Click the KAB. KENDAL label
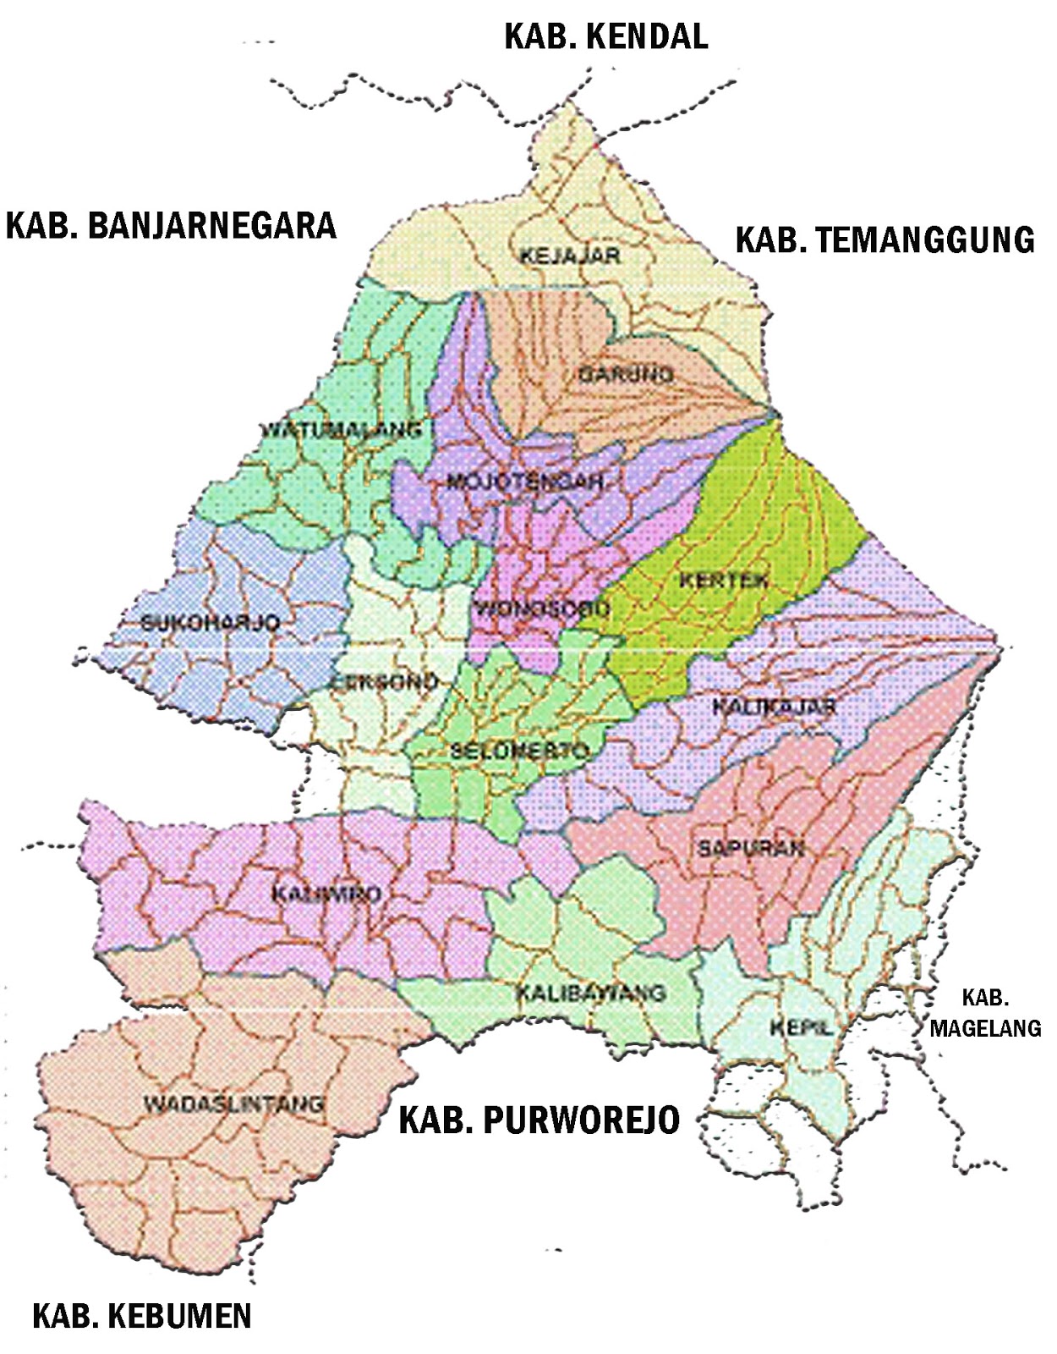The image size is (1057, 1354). [x=605, y=36]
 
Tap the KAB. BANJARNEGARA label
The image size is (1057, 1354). [x=171, y=226]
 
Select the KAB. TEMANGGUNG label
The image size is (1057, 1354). [x=884, y=239]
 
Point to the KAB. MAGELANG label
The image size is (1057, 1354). [x=985, y=1013]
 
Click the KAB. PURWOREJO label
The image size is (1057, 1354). [x=539, y=1120]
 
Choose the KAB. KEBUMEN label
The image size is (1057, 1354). [x=142, y=1316]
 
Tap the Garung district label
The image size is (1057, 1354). [x=626, y=373]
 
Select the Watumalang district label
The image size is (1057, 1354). [x=341, y=429]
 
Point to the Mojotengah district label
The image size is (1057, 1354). [x=524, y=482]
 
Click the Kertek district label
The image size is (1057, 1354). [x=724, y=581]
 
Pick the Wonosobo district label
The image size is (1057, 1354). [x=541, y=608]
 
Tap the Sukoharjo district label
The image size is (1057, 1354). [x=210, y=623]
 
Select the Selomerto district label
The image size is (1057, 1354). [x=518, y=750]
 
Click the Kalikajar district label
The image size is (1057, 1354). [x=774, y=706]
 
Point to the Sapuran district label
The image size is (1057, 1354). [x=751, y=848]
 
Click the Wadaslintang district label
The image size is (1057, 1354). [x=233, y=1104]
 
